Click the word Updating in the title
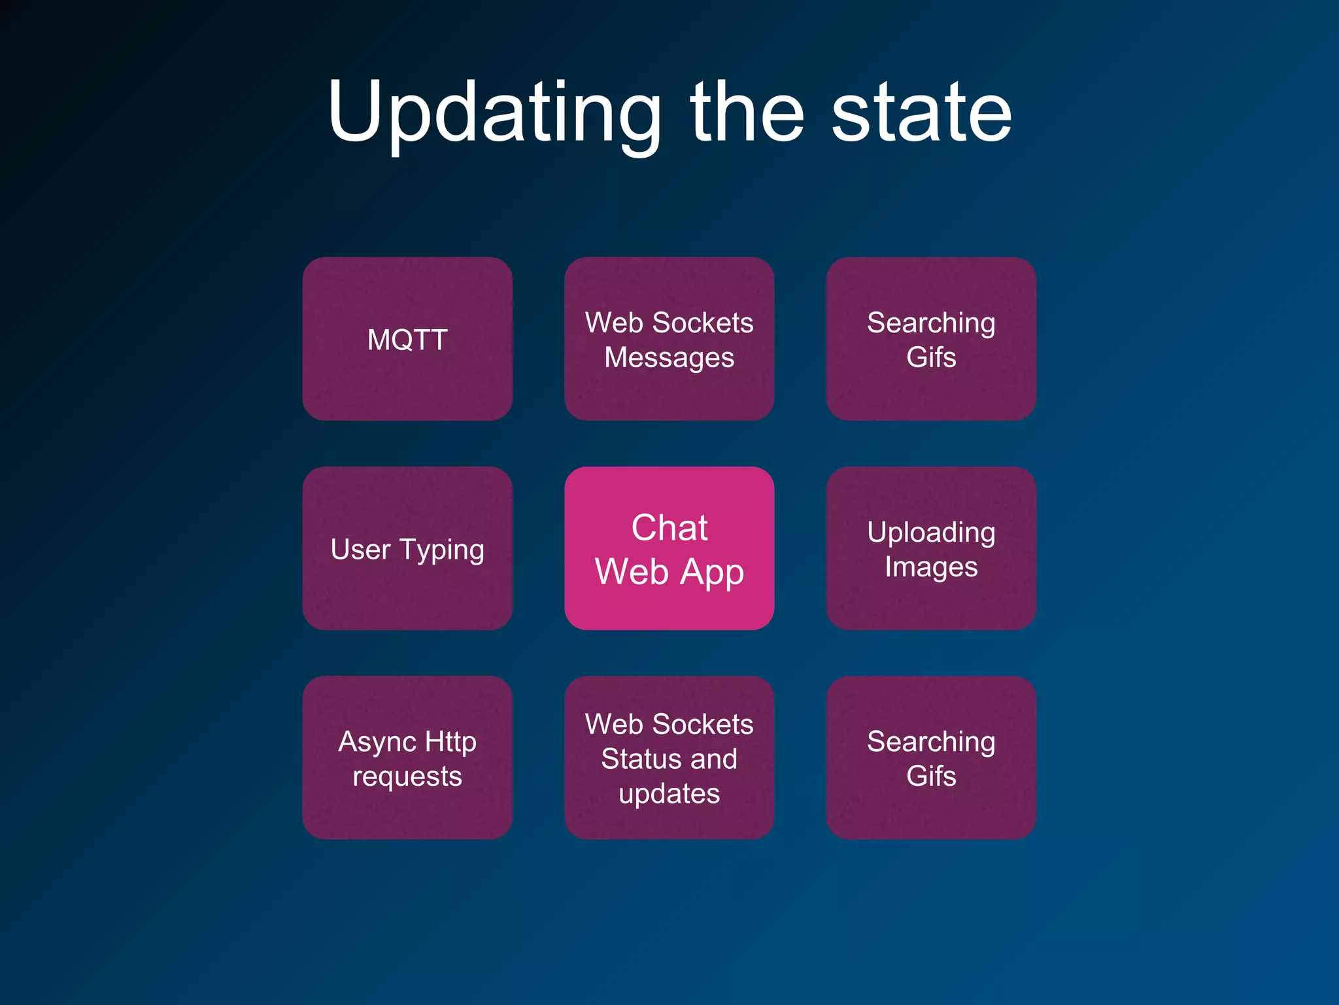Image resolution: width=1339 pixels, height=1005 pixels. [x=494, y=113]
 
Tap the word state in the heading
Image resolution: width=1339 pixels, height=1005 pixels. [x=921, y=113]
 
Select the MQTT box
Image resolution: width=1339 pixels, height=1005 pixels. [x=407, y=339]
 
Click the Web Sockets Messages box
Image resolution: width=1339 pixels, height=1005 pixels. [x=669, y=339]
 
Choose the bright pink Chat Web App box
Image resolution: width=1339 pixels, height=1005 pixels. [x=669, y=548]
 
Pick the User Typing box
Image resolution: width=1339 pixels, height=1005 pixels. [x=407, y=548]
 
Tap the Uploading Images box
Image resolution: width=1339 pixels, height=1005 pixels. [x=931, y=548]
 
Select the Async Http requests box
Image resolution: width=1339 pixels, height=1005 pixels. [x=407, y=758]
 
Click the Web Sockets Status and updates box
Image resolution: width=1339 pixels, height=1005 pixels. [x=669, y=758]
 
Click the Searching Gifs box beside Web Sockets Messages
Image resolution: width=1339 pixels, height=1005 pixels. [x=931, y=339]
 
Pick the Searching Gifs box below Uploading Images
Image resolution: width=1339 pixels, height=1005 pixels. [x=931, y=758]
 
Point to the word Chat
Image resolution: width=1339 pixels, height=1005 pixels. [x=669, y=527]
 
